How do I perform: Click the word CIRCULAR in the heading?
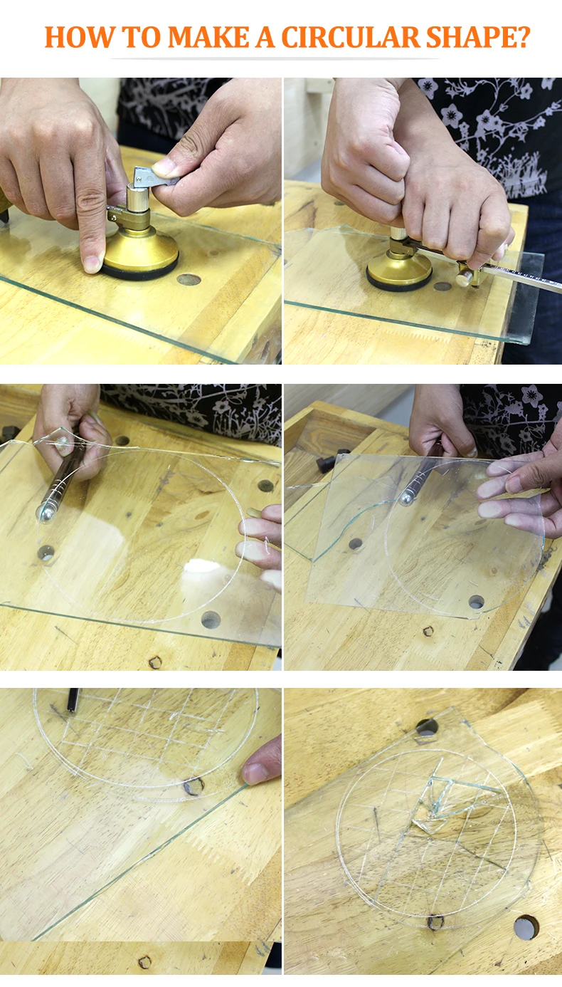[x=350, y=37]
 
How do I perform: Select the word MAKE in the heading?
[x=208, y=37]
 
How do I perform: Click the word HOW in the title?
[x=79, y=37]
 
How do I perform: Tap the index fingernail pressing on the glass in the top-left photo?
[x=92, y=264]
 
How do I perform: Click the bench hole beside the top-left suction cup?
[x=189, y=279]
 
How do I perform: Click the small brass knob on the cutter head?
[x=464, y=278]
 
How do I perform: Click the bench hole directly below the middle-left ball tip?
[x=46, y=553]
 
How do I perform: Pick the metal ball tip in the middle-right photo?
[x=405, y=498]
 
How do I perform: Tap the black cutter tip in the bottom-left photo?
[x=73, y=700]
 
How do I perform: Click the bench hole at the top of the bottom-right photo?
[x=428, y=728]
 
